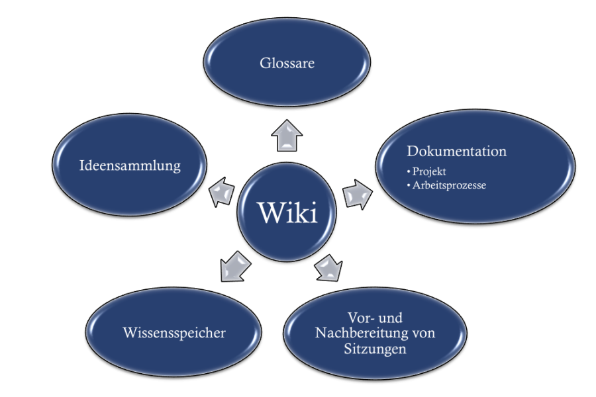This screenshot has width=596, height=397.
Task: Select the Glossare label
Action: coord(287,64)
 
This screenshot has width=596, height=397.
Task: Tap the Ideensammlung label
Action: coord(130,165)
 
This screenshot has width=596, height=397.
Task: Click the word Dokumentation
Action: coord(457,152)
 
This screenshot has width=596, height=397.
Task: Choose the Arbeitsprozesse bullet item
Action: coord(449,185)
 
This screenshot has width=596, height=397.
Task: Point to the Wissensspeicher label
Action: coord(174,333)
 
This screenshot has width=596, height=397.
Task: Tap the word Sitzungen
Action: coord(375,349)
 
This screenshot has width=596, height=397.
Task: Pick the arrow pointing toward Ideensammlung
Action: coord(221,192)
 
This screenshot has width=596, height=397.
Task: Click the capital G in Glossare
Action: coord(265,64)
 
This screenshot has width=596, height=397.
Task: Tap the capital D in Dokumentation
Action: coord(413,152)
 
